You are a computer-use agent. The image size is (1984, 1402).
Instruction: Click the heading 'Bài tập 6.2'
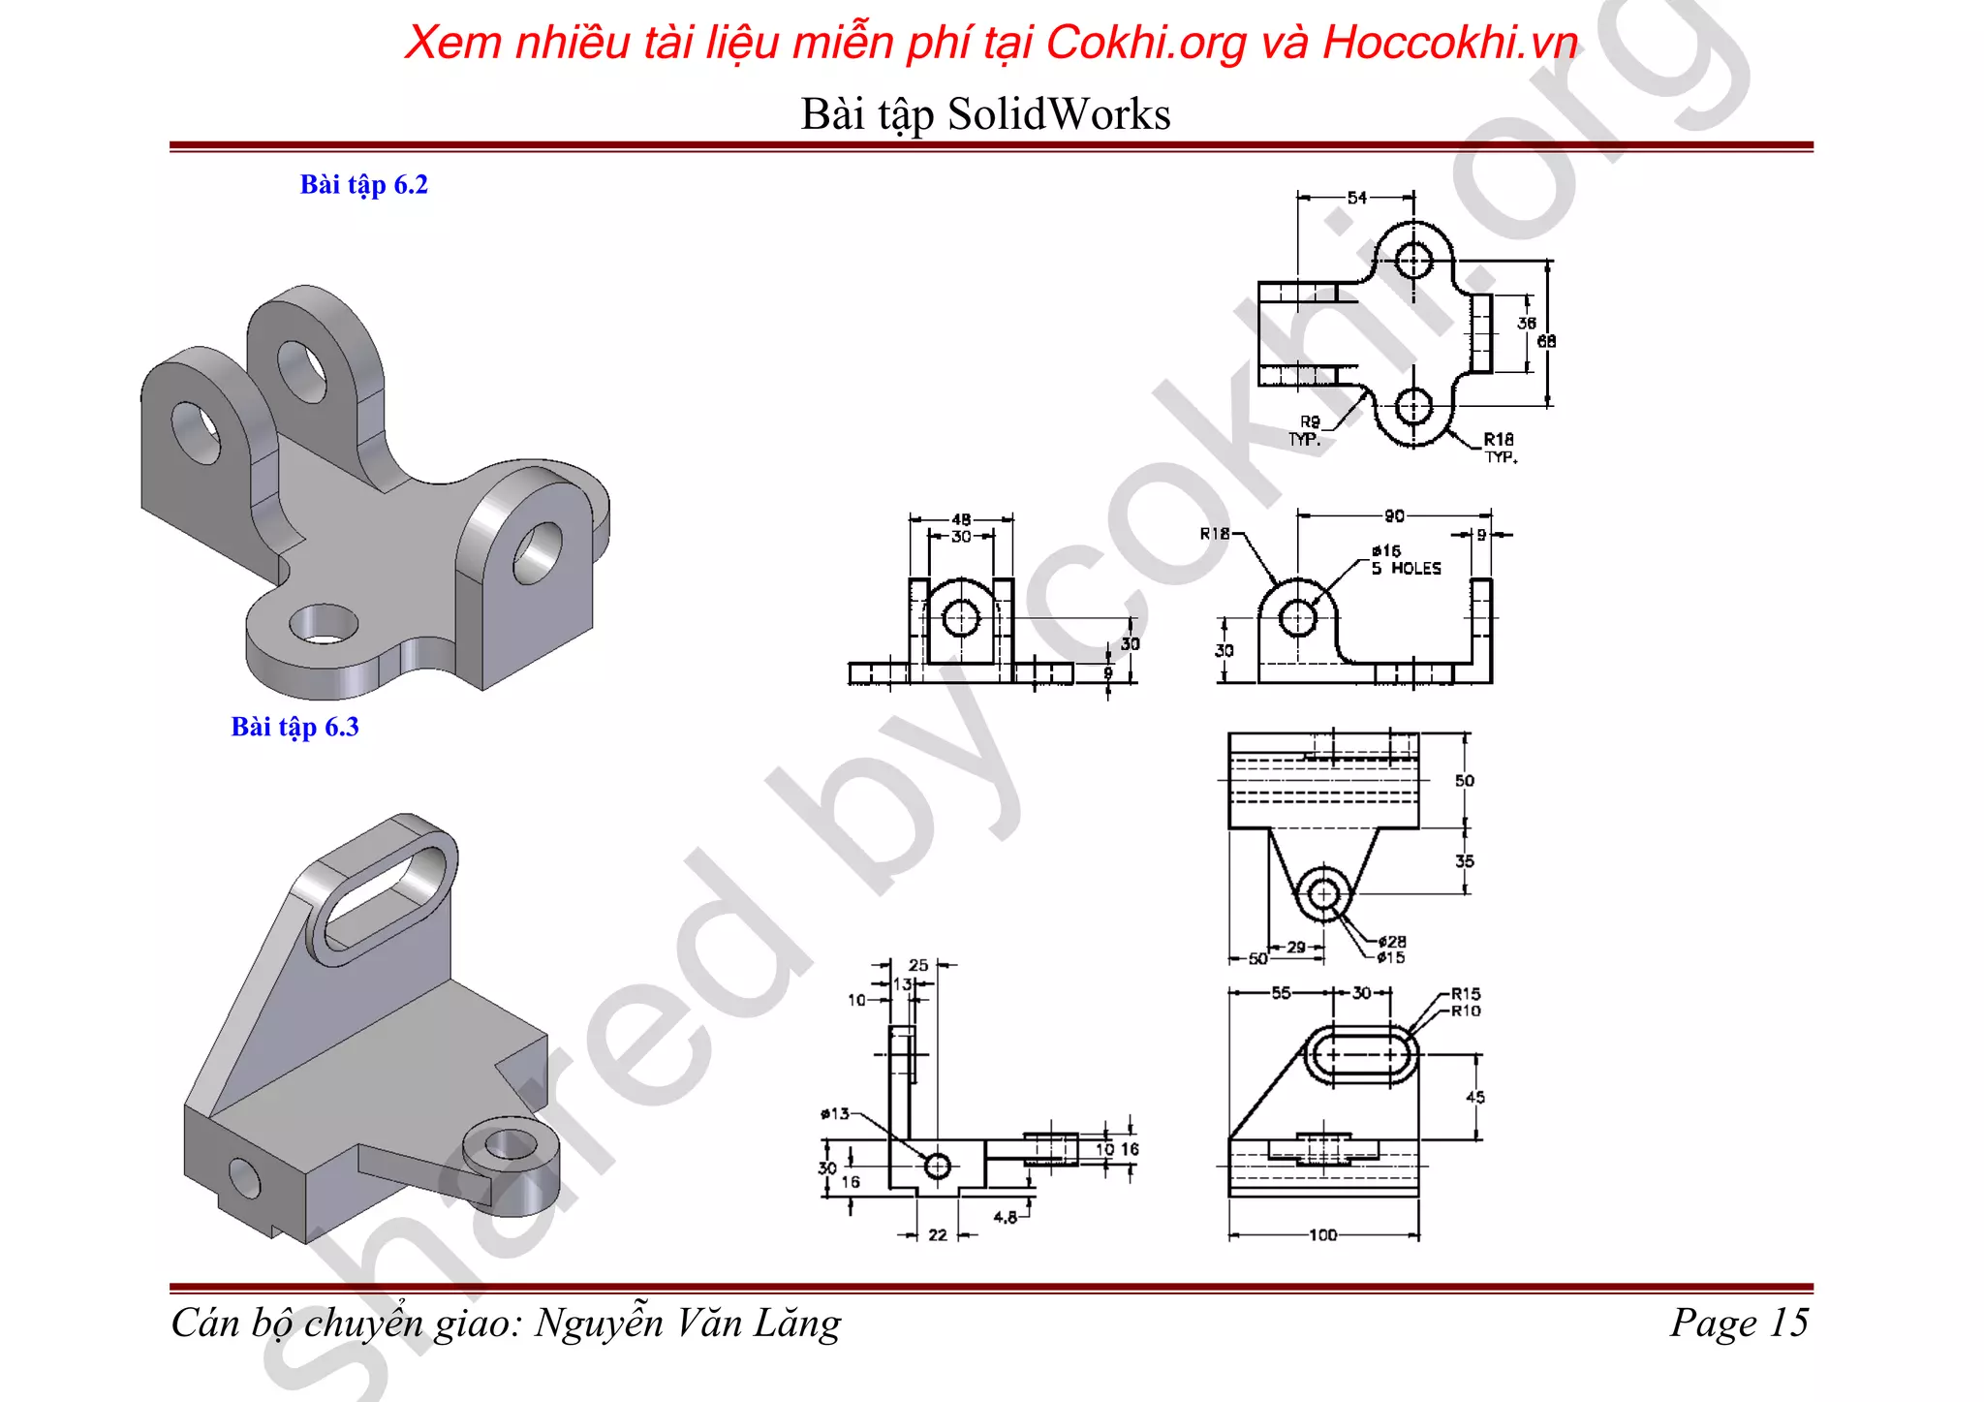click(x=363, y=184)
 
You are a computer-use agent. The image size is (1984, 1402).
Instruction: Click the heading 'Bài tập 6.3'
click(x=294, y=727)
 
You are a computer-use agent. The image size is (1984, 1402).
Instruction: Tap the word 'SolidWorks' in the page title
click(x=1059, y=114)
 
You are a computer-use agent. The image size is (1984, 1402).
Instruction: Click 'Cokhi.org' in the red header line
click(x=1146, y=43)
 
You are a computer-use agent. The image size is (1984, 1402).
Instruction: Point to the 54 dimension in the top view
click(x=1356, y=198)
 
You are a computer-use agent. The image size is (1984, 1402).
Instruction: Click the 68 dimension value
click(x=1546, y=341)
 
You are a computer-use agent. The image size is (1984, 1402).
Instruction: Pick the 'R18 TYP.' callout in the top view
click(x=1499, y=447)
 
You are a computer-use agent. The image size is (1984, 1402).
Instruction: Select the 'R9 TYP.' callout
click(x=1307, y=430)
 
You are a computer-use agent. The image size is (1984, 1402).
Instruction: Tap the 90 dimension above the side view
click(x=1394, y=516)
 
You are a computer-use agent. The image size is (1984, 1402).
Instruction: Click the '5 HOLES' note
click(x=1406, y=569)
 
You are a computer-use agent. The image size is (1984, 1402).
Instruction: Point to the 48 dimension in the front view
click(x=961, y=519)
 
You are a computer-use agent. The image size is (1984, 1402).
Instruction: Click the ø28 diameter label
click(x=1392, y=941)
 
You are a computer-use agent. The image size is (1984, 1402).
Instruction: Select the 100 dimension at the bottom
click(x=1322, y=1235)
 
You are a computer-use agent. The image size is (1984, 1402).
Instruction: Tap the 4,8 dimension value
click(x=1006, y=1217)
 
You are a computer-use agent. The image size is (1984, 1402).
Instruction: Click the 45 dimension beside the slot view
click(x=1474, y=1097)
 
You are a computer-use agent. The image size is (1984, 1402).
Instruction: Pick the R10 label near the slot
click(x=1466, y=1011)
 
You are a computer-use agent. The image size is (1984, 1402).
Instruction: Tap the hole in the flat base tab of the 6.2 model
click(x=324, y=625)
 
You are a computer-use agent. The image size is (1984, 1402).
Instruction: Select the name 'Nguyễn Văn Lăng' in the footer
click(x=688, y=1323)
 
